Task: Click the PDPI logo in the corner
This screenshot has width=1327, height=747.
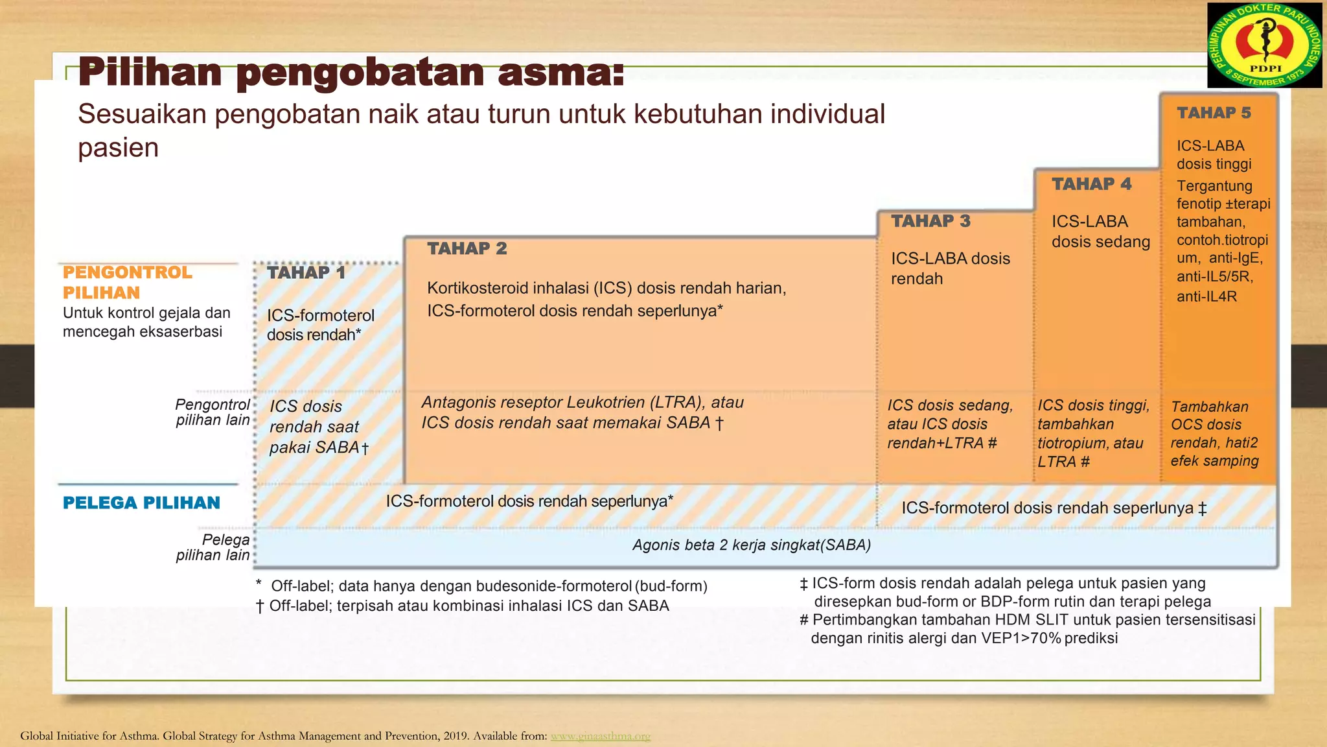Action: coord(1264,45)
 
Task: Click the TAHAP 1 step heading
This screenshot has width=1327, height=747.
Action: coord(306,273)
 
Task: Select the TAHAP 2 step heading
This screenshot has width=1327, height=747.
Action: coord(467,248)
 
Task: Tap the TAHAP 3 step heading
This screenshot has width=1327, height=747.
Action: coord(930,221)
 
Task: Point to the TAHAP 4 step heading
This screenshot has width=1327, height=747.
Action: coord(1091,184)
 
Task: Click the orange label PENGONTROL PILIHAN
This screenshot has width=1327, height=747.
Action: coord(127,282)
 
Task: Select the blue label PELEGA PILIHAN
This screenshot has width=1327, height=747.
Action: coord(141,503)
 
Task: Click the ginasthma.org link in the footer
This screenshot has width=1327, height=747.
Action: coord(600,736)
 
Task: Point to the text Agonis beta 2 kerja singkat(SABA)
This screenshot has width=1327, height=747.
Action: coord(752,545)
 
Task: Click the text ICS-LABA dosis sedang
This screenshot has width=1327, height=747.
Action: coord(1100,231)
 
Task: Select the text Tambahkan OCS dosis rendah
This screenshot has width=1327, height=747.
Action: coord(1209,425)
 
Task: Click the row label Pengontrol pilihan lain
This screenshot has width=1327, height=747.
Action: coord(213,412)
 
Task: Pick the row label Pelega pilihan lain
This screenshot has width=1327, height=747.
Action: coord(213,547)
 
